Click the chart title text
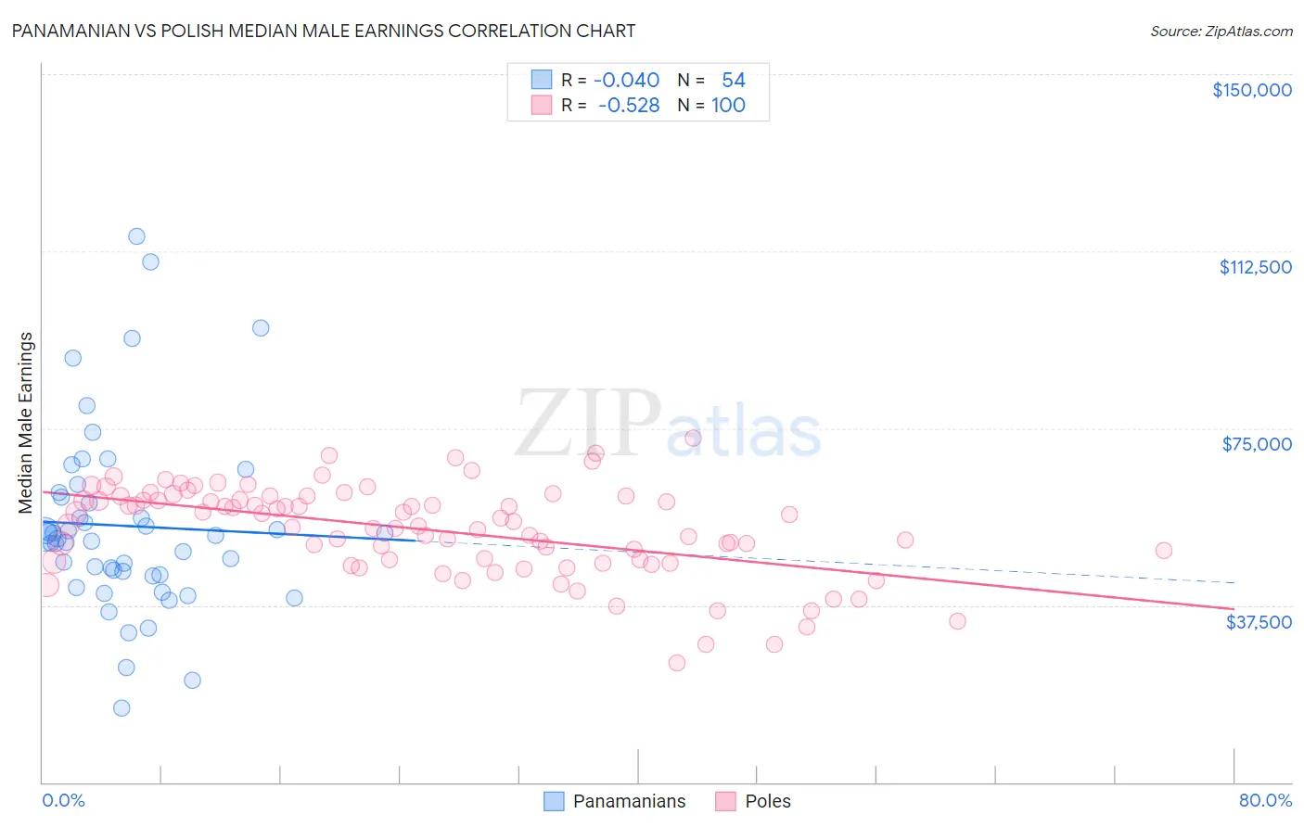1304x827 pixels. [x=324, y=31]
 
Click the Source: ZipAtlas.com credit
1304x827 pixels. [x=1221, y=31]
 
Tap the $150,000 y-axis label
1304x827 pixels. [x=1251, y=90]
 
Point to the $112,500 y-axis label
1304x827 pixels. [x=1255, y=267]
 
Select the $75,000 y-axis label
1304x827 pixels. [x=1257, y=444]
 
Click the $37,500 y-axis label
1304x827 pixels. [x=1259, y=622]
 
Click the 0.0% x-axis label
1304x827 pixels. [x=63, y=800]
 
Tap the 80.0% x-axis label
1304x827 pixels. [x=1265, y=800]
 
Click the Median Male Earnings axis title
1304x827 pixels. [x=25, y=422]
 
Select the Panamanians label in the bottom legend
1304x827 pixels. [x=629, y=801]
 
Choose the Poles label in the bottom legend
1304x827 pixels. [x=768, y=801]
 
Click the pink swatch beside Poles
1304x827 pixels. [x=725, y=801]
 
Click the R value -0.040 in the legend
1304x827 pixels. [x=626, y=80]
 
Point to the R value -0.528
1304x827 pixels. [x=629, y=105]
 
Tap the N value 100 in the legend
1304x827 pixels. [x=728, y=105]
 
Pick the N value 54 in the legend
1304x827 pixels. [x=733, y=80]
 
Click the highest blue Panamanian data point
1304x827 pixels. [x=136, y=236]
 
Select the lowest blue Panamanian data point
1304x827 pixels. [x=121, y=708]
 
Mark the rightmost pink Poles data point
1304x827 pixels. [x=1163, y=551]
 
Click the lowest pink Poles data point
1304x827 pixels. [x=677, y=663]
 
